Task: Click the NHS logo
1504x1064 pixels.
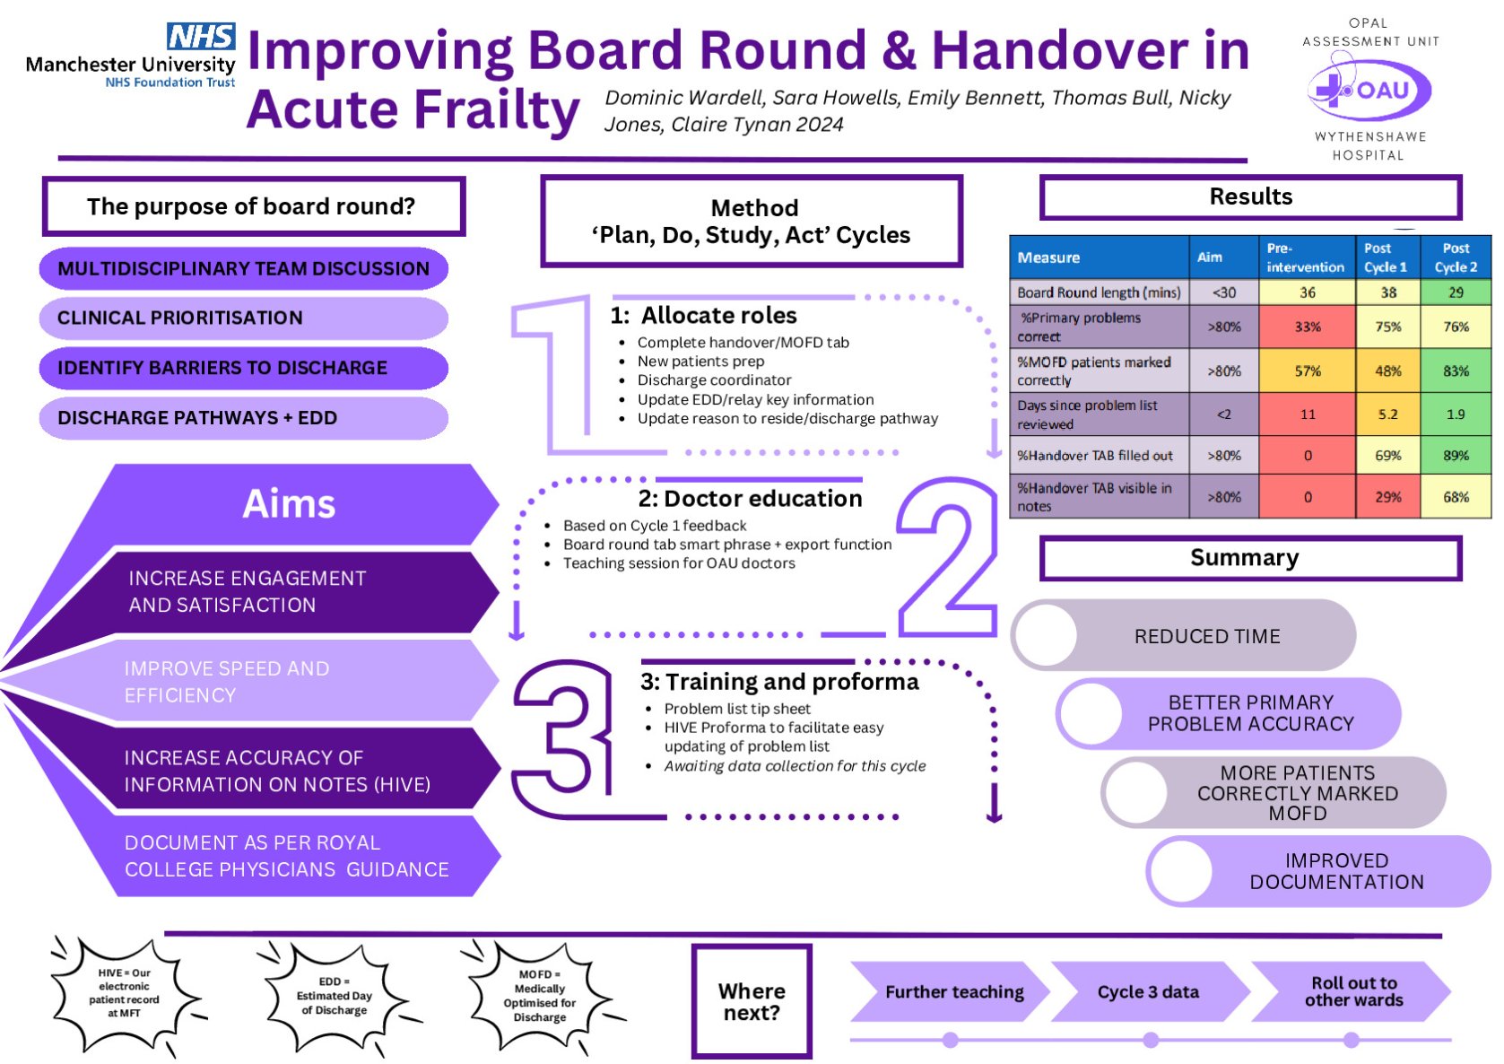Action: coord(201,37)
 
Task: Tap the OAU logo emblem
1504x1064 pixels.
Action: coord(1368,91)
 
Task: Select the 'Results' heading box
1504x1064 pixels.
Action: coord(1250,197)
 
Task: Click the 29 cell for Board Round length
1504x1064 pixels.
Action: coord(1455,292)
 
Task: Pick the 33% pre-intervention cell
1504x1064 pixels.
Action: coord(1307,327)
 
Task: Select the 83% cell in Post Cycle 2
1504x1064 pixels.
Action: coord(1455,371)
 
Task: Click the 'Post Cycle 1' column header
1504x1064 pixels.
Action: coord(1387,257)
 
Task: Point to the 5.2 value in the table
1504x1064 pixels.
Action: coord(1387,414)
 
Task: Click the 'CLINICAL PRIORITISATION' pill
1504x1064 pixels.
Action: coord(242,318)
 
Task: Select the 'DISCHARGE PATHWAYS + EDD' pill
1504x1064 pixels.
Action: coord(242,418)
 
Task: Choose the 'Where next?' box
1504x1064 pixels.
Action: coord(752,1001)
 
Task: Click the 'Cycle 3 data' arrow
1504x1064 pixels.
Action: coord(1149,992)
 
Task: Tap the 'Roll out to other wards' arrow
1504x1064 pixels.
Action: coord(1352,992)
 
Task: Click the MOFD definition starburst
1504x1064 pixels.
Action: coord(540,996)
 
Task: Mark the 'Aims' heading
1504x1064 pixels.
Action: coord(289,504)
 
